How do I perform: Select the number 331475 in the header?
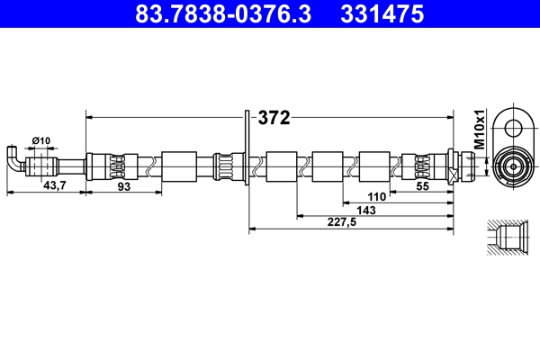380,14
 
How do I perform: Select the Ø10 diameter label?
40,139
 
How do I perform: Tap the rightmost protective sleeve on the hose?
373,166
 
